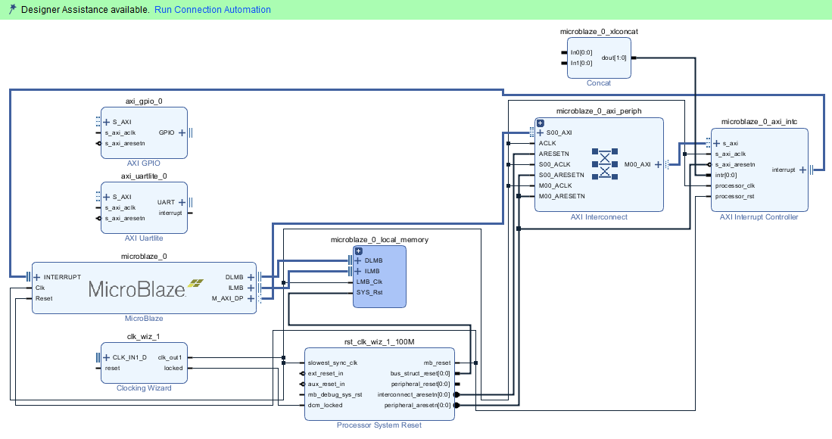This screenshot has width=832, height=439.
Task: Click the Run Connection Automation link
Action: pyautogui.click(x=212, y=10)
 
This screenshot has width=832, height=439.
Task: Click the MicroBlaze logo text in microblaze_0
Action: pyautogui.click(x=137, y=288)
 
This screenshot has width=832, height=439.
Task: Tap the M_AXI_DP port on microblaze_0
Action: pyautogui.click(x=226, y=298)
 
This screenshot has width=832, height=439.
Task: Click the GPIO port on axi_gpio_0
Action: pyautogui.click(x=167, y=132)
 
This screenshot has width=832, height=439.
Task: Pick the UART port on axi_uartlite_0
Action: pyautogui.click(x=166, y=202)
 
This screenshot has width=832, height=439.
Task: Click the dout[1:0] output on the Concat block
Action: pyautogui.click(x=613, y=58)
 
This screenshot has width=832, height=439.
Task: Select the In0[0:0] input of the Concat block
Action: pyautogui.click(x=581, y=52)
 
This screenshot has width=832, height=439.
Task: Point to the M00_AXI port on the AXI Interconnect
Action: pyautogui.click(x=639, y=164)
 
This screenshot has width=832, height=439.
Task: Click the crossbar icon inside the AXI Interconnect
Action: pyautogui.click(x=605, y=163)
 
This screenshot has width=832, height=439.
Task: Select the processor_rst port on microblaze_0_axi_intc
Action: pyautogui.click(x=734, y=196)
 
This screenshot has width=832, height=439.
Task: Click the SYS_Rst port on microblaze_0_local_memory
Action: pyautogui.click(x=369, y=292)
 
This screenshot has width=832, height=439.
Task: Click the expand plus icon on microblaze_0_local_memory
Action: pyautogui.click(x=359, y=251)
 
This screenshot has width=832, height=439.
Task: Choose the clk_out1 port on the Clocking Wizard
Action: pyautogui.click(x=170, y=357)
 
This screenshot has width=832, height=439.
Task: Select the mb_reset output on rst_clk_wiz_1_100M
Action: pyautogui.click(x=437, y=363)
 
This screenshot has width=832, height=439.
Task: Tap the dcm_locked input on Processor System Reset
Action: pyautogui.click(x=325, y=405)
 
